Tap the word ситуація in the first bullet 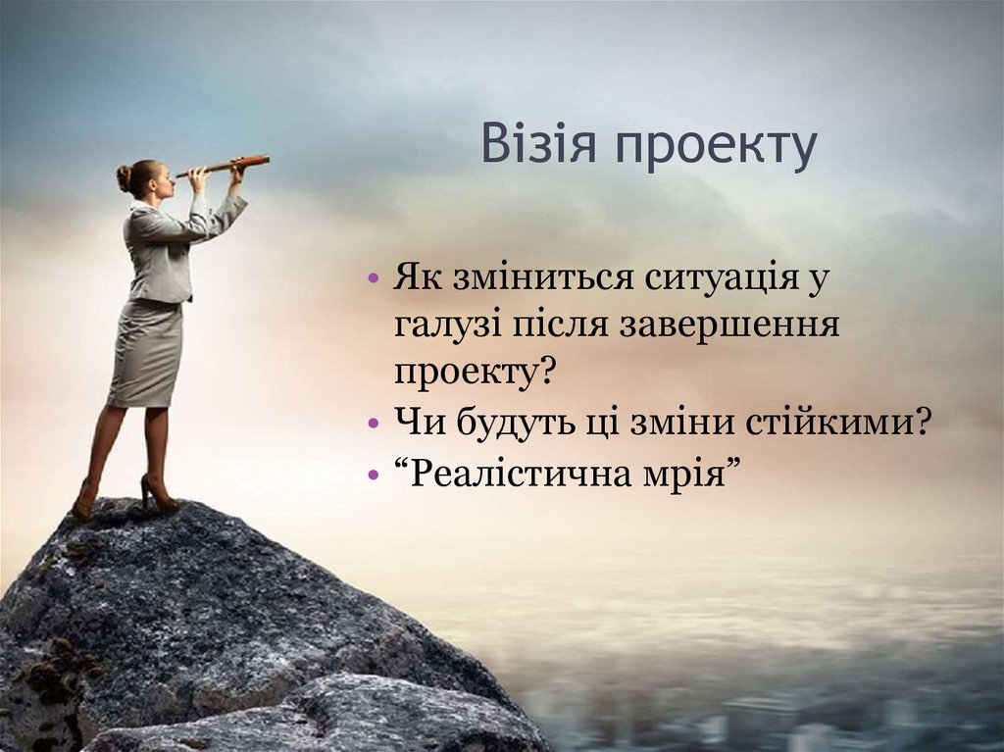(721, 278)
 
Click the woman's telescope (225, 166)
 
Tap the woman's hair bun (124, 177)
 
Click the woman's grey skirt (145, 353)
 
